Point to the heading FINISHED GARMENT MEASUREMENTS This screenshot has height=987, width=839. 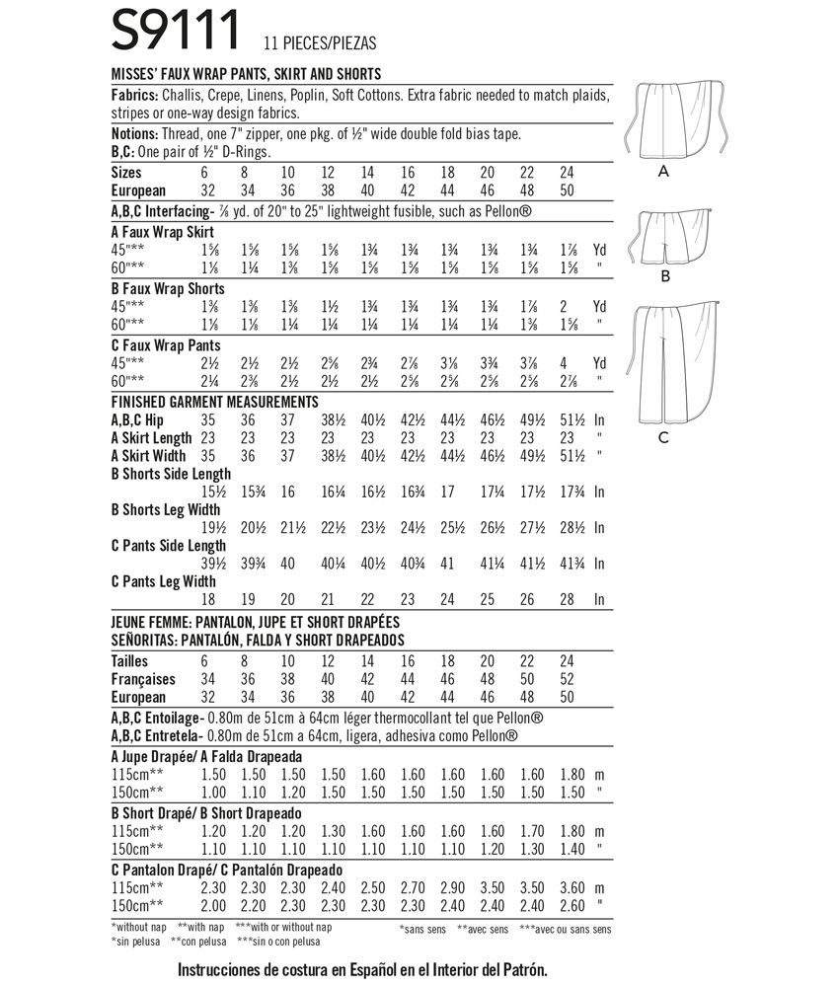click(x=214, y=402)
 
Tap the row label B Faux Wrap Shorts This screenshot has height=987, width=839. click(x=169, y=288)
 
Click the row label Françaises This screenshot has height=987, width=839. click(x=144, y=679)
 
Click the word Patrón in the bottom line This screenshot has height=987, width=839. click(x=519, y=971)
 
